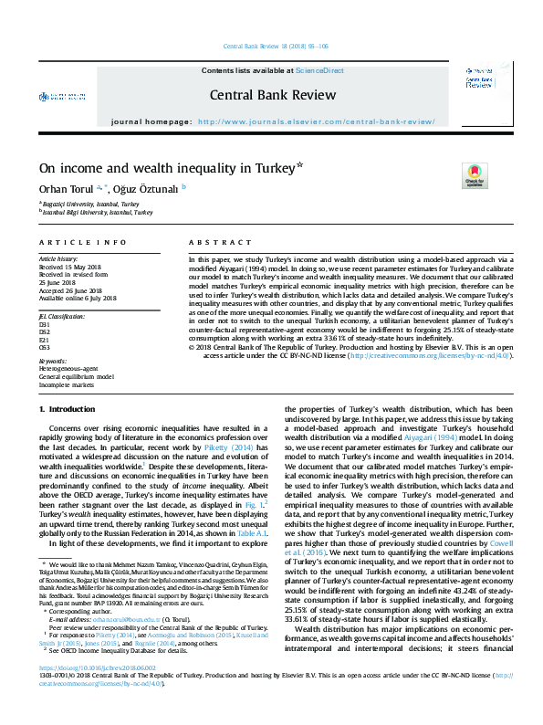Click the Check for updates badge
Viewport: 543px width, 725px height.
click(475, 175)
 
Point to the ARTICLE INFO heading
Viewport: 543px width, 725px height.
click(82, 243)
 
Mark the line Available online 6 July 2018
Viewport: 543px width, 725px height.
click(78, 298)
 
